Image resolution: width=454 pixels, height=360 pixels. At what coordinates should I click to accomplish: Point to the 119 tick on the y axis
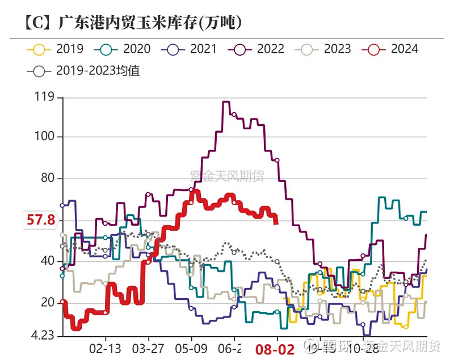point(44,98)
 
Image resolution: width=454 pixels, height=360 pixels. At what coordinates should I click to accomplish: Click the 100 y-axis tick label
point(44,137)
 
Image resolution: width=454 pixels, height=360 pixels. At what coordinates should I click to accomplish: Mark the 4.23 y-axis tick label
point(42,336)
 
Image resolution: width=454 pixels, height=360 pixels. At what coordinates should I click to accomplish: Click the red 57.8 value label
point(39,219)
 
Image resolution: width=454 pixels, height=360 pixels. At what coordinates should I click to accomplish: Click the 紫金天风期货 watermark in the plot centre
point(227,177)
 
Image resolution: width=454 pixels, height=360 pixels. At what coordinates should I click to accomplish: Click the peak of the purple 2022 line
point(225,102)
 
